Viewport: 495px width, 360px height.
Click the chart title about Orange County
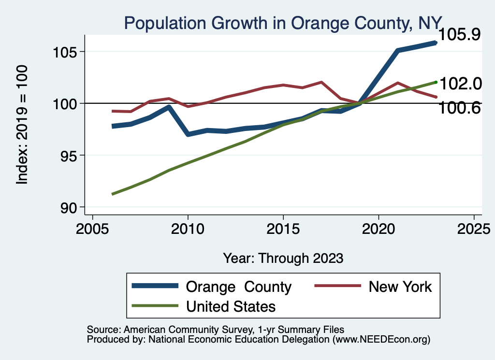point(282,23)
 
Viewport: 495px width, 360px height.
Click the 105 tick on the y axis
point(65,52)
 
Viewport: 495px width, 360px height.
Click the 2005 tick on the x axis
point(92,230)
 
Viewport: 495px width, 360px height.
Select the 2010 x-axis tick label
point(188,230)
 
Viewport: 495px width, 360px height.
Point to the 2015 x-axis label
point(283,230)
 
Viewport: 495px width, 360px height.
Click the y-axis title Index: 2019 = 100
point(22,125)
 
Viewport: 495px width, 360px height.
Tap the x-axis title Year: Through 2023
point(283,258)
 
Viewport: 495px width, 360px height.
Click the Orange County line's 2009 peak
point(168,107)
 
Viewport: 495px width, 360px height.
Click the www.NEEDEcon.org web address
point(382,340)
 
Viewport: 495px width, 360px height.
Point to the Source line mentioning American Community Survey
point(216,330)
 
